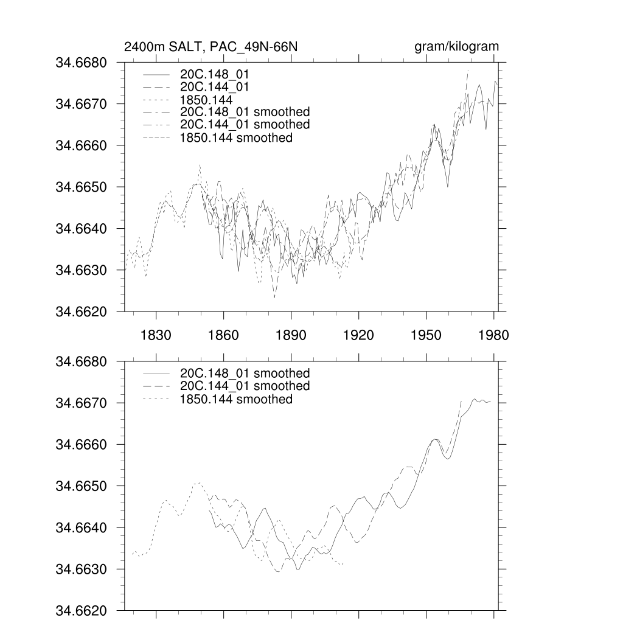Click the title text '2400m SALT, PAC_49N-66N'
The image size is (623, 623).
coord(211,47)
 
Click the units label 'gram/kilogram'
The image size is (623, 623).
coord(456,47)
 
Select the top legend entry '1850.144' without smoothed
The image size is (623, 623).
coord(207,99)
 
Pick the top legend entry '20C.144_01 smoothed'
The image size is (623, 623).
coord(245,125)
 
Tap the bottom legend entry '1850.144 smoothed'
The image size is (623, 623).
coord(236,399)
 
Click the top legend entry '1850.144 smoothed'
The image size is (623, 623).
coord(236,138)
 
